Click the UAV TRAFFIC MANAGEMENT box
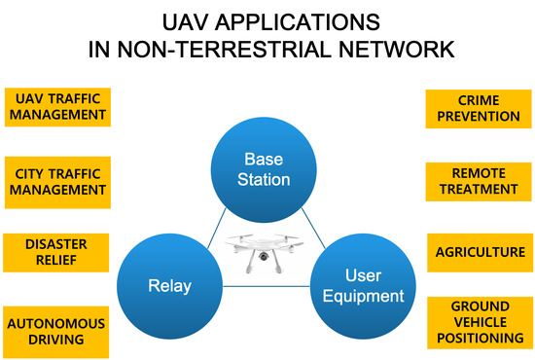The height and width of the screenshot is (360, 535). point(56,106)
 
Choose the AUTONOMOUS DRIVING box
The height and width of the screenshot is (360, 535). point(56,331)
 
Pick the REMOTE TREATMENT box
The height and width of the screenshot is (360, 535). point(478,182)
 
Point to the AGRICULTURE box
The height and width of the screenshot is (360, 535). point(478,252)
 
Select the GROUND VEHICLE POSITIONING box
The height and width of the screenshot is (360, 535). point(478,322)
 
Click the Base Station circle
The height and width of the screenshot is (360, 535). point(267,168)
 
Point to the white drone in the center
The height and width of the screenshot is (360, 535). point(267,249)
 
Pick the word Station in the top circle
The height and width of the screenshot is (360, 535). point(267,179)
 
